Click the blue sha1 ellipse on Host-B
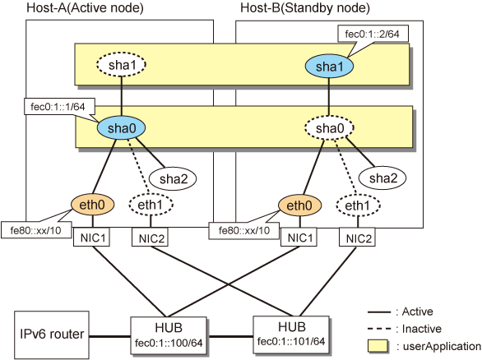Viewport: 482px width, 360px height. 329,66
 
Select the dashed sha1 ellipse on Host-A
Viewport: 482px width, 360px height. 121,64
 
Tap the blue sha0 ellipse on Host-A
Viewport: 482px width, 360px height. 121,127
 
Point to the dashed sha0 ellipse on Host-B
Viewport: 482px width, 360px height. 329,128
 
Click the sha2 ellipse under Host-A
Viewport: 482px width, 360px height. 173,178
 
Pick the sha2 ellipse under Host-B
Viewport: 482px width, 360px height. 382,178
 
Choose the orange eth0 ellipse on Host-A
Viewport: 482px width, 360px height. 92,205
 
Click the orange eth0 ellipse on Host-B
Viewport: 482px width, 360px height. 299,205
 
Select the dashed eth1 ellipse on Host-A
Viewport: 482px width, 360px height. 151,205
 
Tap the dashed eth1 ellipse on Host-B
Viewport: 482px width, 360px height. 358,205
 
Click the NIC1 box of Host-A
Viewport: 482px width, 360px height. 91,238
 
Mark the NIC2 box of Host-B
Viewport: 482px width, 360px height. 357,238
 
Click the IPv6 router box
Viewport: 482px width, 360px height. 52,335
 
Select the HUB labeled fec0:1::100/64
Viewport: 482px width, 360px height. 169,335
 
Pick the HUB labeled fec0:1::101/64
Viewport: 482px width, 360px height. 291,335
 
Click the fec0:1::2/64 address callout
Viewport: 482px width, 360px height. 373,34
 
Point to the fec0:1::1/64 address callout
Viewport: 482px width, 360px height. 59,107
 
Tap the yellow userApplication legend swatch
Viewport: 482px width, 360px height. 378,346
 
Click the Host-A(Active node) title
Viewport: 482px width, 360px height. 85,7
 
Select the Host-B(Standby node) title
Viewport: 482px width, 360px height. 305,7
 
